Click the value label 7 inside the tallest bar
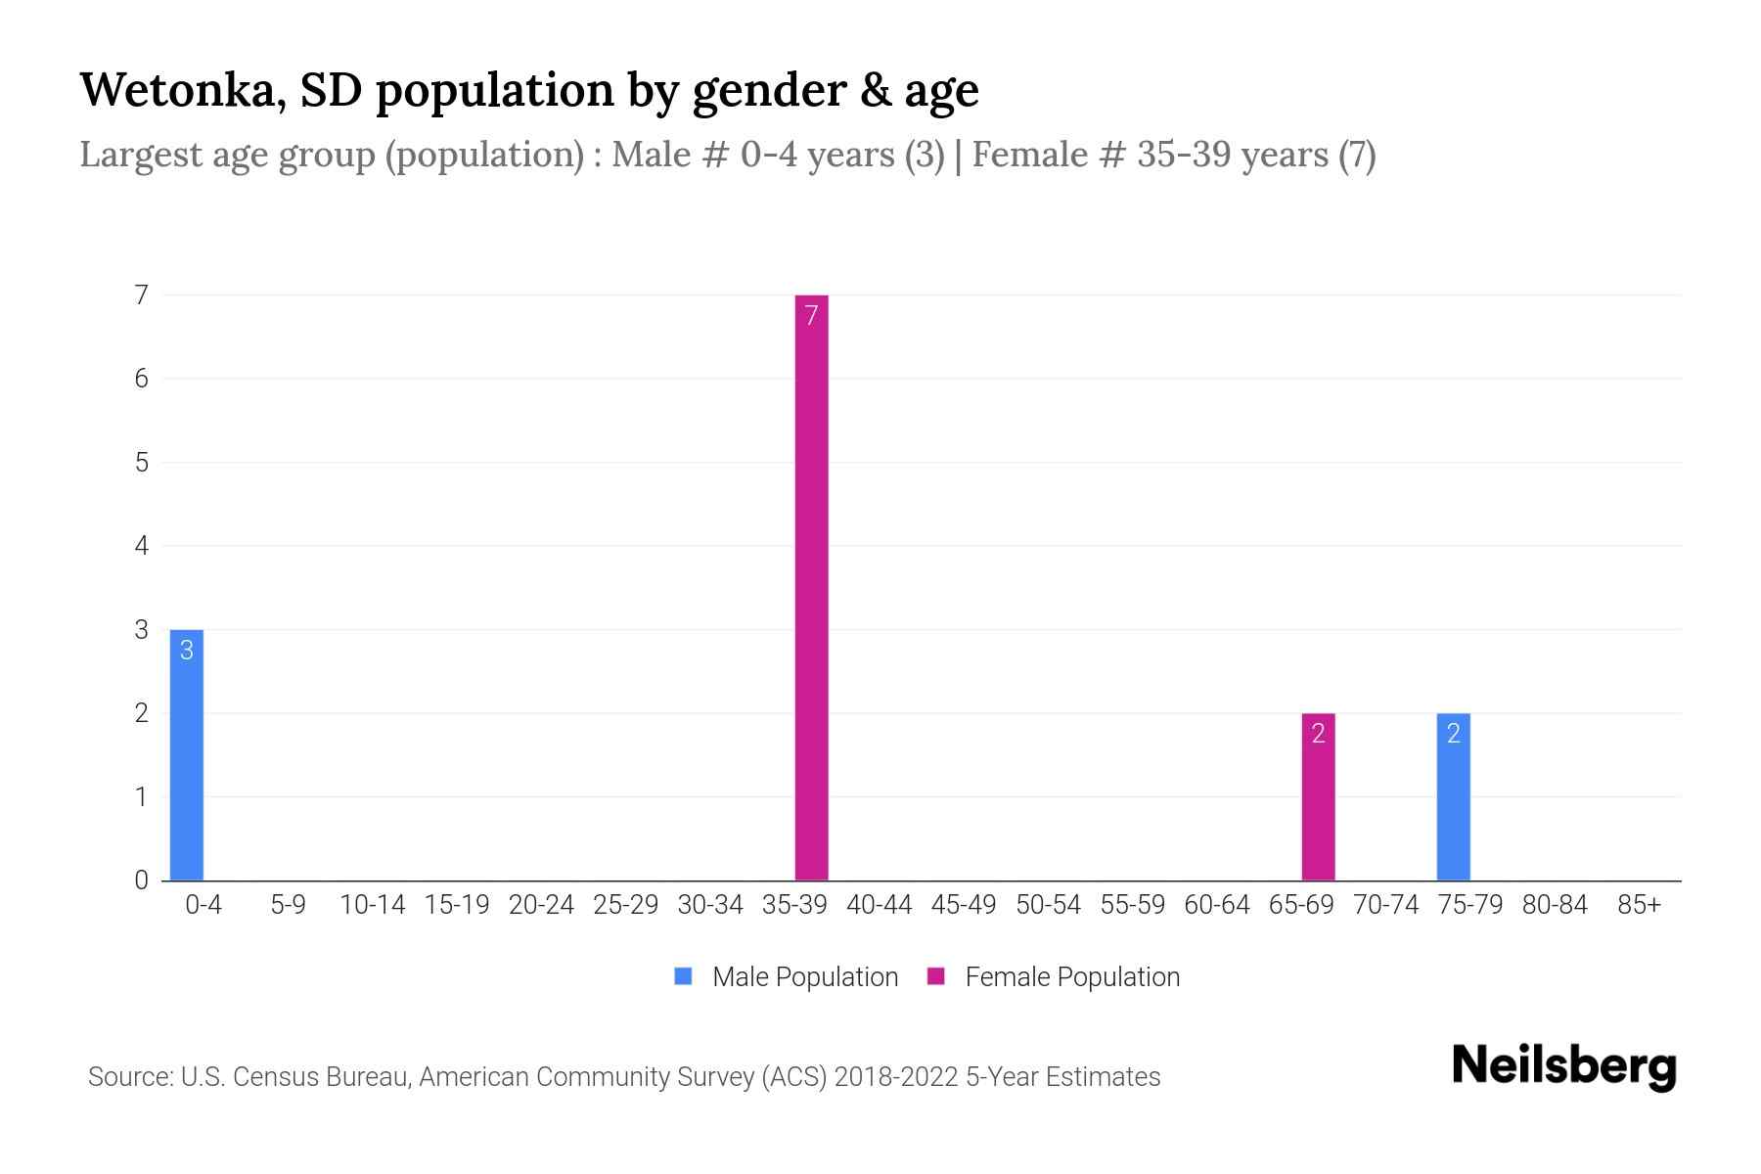(x=811, y=315)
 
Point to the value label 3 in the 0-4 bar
(x=187, y=651)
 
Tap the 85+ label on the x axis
(x=1639, y=905)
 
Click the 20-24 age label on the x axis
(x=541, y=905)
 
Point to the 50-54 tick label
(x=1048, y=905)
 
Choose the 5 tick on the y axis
(x=142, y=463)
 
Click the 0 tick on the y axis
(x=142, y=880)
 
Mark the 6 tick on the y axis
(x=142, y=379)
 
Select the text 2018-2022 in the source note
(x=895, y=1077)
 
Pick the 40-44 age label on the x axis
(x=879, y=905)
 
